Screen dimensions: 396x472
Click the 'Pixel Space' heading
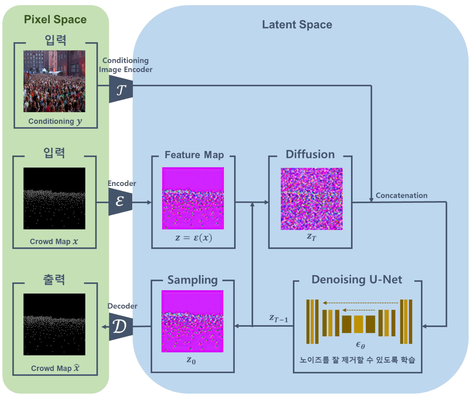[55, 20]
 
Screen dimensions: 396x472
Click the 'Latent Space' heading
[297, 25]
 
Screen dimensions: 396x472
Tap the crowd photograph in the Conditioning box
[54, 81]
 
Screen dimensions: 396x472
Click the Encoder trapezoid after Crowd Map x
[120, 201]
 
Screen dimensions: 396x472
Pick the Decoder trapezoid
[120, 326]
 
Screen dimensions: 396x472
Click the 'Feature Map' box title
[194, 155]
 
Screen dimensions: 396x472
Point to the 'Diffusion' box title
[310, 154]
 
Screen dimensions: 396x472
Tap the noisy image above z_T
[312, 199]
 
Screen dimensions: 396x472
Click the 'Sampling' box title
[192, 280]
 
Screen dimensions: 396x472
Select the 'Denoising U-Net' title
[356, 279]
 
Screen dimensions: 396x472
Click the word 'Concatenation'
[401, 195]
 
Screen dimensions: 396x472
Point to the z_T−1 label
[278, 319]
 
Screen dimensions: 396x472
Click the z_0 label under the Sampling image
[191, 360]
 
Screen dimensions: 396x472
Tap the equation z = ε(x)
[194, 238]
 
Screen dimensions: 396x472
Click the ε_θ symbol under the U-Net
[360, 345]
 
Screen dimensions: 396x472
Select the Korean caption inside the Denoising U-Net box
[357, 360]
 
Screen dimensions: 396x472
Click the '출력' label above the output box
[54, 279]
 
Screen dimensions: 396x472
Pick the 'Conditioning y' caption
[55, 121]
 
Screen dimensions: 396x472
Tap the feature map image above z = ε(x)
[193, 198]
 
